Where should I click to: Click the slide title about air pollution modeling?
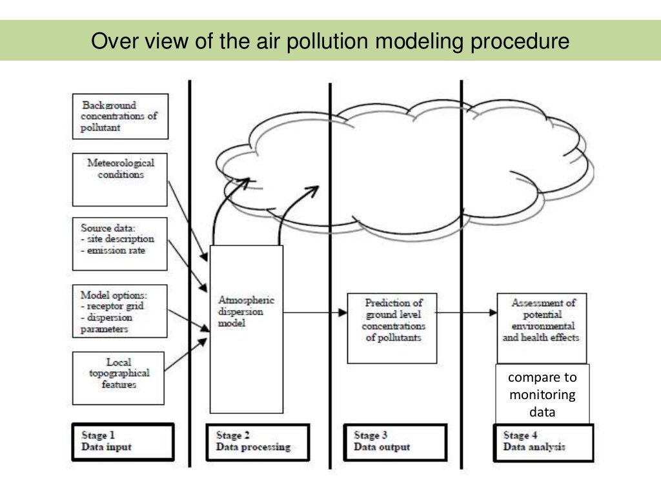point(330,41)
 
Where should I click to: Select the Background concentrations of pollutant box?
point(120,116)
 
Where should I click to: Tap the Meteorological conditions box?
point(120,179)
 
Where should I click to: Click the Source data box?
point(120,243)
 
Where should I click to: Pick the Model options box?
point(120,311)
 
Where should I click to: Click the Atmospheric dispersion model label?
point(246,312)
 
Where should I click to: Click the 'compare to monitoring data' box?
point(542,395)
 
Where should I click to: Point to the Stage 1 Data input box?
point(123,441)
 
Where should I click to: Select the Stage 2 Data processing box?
point(258,441)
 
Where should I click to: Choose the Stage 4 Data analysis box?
point(544,441)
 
